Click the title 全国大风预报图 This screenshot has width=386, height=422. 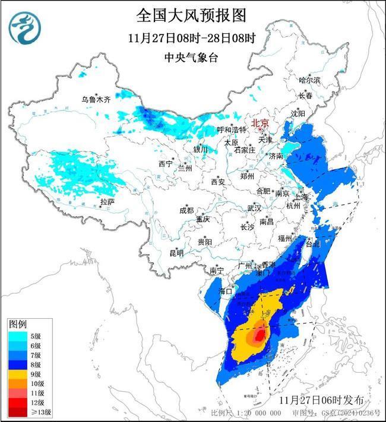[191, 15]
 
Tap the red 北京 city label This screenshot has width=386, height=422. [260, 123]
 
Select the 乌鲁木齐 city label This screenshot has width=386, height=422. [96, 100]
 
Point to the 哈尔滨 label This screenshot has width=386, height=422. [309, 80]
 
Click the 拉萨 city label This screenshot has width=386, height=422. [107, 202]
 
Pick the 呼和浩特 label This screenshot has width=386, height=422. [231, 129]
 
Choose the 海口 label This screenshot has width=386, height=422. [224, 291]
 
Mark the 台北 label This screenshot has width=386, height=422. [312, 244]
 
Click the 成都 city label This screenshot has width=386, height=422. [186, 210]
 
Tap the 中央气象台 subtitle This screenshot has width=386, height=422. [191, 58]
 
